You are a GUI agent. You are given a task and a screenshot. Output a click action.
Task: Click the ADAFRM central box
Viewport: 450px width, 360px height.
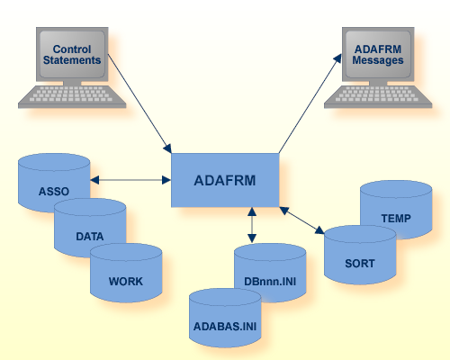click(225, 179)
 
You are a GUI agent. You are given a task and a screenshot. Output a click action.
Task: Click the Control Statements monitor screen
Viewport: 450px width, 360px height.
click(72, 53)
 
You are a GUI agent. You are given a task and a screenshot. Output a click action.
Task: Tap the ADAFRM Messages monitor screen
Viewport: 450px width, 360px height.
click(378, 53)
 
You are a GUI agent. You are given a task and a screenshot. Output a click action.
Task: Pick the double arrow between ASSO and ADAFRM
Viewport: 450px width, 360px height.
click(130, 180)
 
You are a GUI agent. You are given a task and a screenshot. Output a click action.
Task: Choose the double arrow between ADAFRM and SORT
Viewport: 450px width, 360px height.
click(301, 220)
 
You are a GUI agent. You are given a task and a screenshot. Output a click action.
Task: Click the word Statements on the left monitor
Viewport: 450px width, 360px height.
click(72, 59)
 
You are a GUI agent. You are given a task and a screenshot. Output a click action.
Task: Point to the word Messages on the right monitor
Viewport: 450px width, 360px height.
click(378, 59)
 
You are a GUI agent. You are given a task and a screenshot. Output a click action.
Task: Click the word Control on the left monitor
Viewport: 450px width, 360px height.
click(72, 48)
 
